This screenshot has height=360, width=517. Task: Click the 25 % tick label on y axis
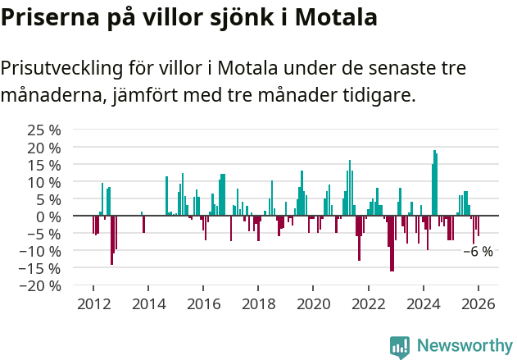pos(45,130)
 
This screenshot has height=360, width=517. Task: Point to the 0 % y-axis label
pos(48,216)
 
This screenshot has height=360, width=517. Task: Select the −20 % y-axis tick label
pos(41,286)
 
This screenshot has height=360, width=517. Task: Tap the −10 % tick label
pos(41,251)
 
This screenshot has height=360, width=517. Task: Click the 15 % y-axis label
pos(45,165)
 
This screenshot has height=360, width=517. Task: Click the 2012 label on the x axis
pos(93,304)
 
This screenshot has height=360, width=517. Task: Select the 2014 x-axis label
pos(148,304)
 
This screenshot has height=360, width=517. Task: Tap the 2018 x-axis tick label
pos(258,304)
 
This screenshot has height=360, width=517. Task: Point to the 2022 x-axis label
pos(368,304)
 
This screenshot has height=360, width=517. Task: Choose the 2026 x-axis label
pos(478,304)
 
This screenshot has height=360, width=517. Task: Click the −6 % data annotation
pos(478,252)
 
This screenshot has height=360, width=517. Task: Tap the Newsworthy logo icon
pos(400,346)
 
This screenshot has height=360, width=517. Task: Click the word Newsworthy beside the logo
pos(464,346)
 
